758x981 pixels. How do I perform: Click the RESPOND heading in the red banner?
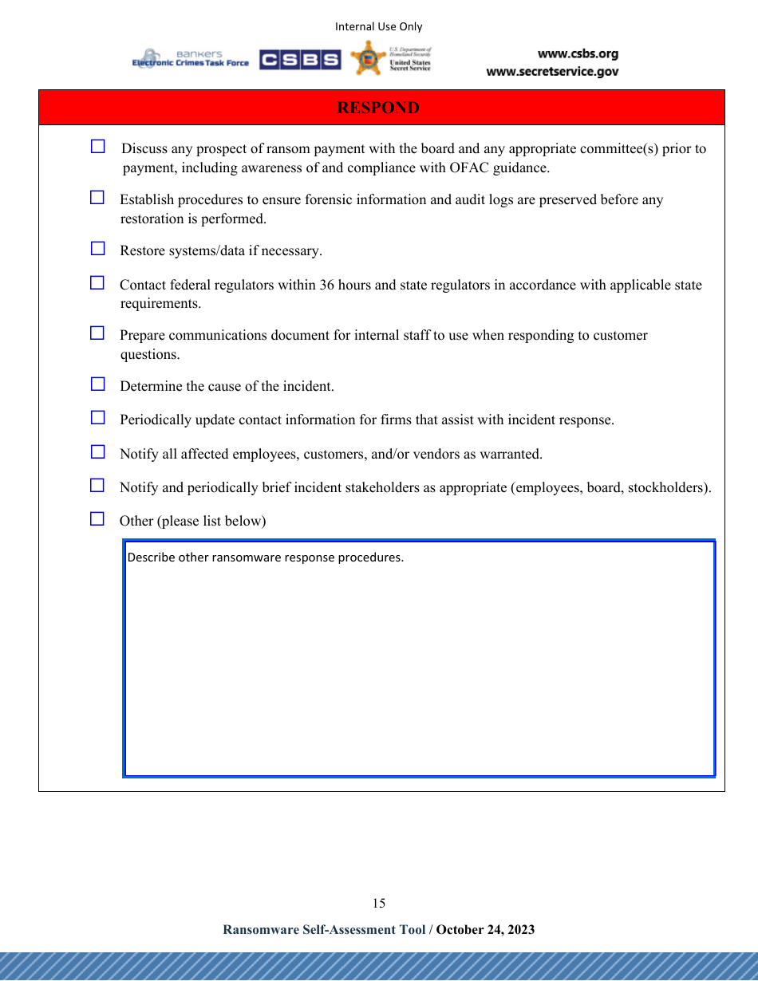point(377,108)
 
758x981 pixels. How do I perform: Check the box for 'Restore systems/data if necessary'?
point(97,248)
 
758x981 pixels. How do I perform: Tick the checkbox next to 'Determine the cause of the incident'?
point(97,384)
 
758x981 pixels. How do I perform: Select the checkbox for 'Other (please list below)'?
point(97,518)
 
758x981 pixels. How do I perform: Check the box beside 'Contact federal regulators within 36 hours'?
point(97,282)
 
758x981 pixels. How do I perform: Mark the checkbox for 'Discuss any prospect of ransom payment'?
point(97,146)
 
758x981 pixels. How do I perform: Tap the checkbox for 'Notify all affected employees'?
point(97,451)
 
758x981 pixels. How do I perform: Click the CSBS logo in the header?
point(299,60)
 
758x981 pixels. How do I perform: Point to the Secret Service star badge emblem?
point(368,58)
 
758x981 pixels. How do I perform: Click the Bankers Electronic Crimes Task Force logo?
point(190,59)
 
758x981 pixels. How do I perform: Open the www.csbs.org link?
point(578,54)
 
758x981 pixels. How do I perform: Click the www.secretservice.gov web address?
point(552,72)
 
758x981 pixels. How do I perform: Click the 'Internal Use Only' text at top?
point(378,26)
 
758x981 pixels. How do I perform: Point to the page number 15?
point(378,903)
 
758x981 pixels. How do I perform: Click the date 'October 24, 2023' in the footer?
point(485,929)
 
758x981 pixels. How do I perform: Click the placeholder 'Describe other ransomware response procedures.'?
point(266,557)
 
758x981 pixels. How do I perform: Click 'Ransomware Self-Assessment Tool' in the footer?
point(324,929)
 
